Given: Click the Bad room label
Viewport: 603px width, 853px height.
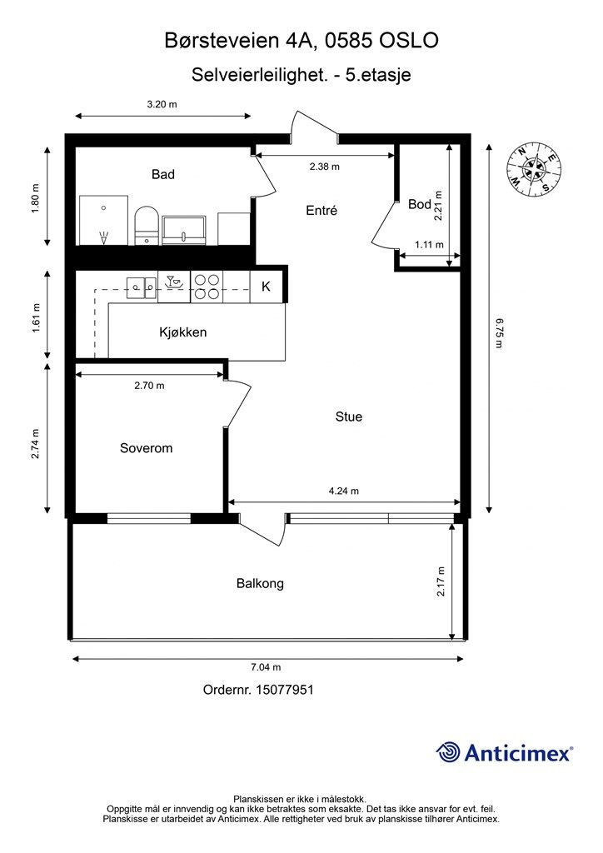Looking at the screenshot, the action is click(x=163, y=174).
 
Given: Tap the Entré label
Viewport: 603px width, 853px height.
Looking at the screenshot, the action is click(x=321, y=210).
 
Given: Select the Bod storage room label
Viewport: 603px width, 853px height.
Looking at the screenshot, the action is click(x=419, y=204).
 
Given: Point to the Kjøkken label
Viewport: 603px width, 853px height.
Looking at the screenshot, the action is click(x=182, y=332).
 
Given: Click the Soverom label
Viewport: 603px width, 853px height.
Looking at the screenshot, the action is click(x=147, y=447).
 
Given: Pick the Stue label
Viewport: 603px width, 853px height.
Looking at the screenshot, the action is click(x=348, y=417).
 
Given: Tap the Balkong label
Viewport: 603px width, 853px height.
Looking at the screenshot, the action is click(x=260, y=583).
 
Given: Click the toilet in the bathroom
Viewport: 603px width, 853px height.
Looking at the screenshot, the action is click(x=147, y=225).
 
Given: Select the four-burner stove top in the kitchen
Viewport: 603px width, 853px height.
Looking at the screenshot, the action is click(x=207, y=287).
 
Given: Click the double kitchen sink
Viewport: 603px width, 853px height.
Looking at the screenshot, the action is click(x=142, y=287).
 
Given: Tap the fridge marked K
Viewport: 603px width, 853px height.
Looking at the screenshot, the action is click(x=267, y=287).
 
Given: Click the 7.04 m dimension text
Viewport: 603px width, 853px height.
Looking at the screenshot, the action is click(x=266, y=667).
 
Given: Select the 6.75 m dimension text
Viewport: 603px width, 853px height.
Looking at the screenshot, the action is click(x=499, y=333).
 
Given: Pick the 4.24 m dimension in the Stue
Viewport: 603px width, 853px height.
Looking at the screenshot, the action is click(x=344, y=491).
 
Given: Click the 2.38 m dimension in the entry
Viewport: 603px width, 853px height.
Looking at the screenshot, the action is click(x=325, y=167).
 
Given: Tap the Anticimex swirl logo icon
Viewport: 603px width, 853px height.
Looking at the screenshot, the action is click(x=448, y=753).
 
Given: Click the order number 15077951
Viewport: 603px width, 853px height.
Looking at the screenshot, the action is click(x=284, y=690).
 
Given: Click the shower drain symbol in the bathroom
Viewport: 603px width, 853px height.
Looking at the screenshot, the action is click(x=103, y=237).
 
